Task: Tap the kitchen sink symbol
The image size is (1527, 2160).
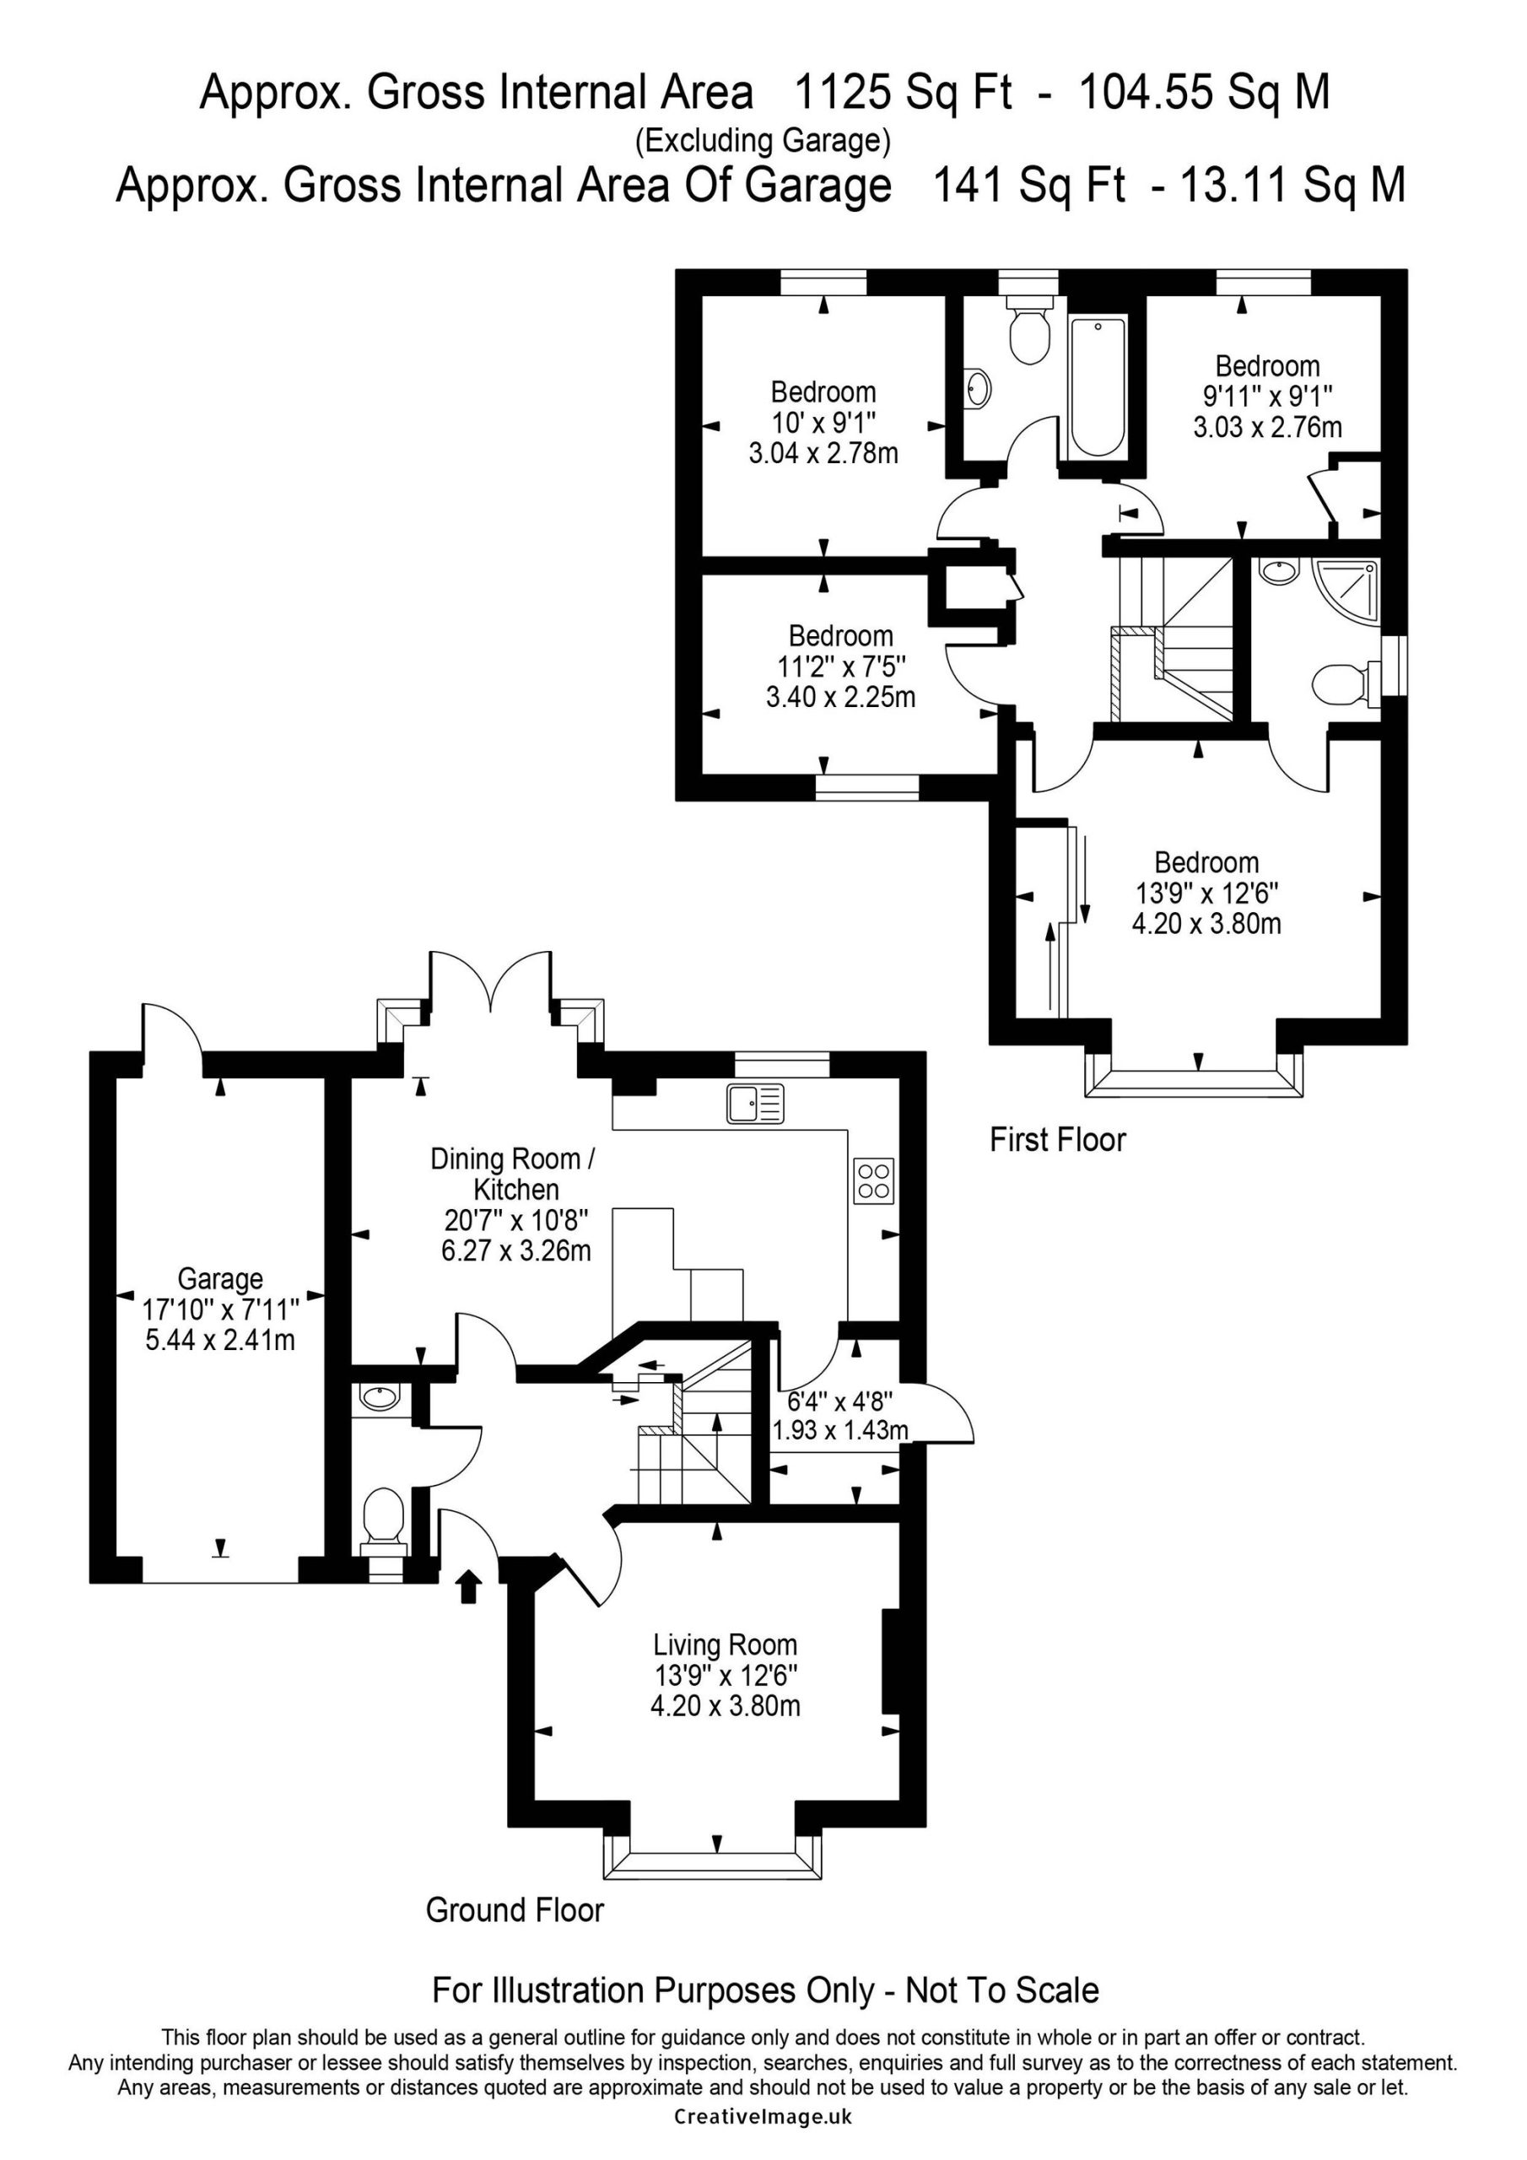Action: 754,1104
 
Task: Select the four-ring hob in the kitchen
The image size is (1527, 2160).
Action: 874,1180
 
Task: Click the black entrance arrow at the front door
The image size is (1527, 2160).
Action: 468,1586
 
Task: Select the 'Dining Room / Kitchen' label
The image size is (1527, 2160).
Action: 514,1172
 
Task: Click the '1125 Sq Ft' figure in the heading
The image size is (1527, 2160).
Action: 904,92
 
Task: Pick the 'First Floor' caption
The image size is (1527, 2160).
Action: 1058,1139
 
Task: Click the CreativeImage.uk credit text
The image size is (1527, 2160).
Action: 763,2136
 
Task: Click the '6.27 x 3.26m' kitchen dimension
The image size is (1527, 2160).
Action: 515,1250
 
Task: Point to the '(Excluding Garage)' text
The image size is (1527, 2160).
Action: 763,140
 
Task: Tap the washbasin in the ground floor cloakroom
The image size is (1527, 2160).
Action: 380,1397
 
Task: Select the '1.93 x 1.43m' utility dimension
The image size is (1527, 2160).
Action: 840,1431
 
